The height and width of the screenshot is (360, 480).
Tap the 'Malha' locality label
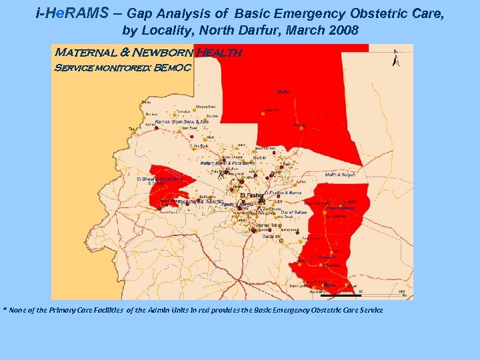tap(283, 92)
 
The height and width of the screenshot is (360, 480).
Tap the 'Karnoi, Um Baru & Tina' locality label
tap(181, 122)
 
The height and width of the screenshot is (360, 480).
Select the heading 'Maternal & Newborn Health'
tap(147, 52)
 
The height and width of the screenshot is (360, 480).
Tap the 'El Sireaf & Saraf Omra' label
tap(159, 179)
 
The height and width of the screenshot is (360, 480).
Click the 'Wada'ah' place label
tap(271, 237)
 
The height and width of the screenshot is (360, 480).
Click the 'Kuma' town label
tap(301, 181)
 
